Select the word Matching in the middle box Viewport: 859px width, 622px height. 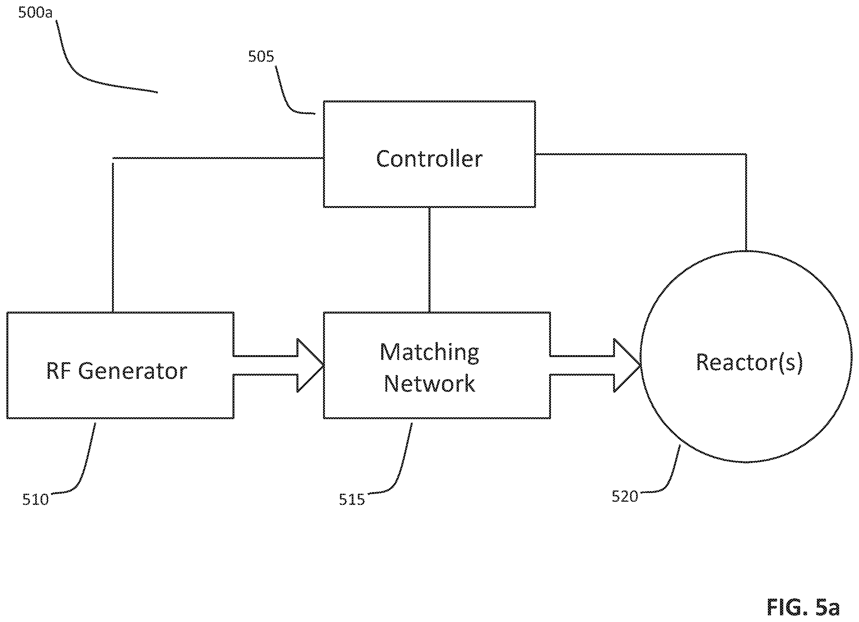tap(429, 353)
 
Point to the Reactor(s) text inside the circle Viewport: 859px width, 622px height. tap(749, 363)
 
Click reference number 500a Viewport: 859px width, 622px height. tap(35, 12)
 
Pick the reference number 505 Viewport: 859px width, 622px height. tap(261, 57)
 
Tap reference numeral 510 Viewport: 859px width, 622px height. tap(35, 499)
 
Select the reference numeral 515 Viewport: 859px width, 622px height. tap(352, 499)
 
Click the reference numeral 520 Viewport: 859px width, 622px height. tap(625, 497)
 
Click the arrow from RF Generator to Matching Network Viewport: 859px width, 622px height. tap(278, 365)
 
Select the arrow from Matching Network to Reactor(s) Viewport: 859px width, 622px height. tap(595, 365)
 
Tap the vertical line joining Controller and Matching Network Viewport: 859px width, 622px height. tap(429, 259)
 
